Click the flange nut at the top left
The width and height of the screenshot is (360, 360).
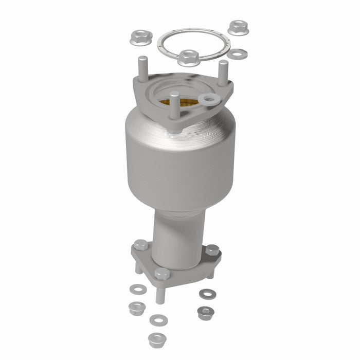click(x=140, y=37)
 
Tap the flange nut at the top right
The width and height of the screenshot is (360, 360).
click(x=238, y=28)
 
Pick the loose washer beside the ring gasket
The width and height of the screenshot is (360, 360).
click(x=237, y=53)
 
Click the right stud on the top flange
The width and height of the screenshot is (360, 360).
click(x=223, y=72)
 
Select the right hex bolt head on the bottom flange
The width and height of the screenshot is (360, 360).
click(x=212, y=250)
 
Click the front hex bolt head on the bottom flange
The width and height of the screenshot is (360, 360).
click(x=162, y=274)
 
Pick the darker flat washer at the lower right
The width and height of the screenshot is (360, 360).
click(x=207, y=294)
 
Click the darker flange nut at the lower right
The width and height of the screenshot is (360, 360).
click(x=205, y=312)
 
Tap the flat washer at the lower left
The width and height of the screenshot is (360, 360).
click(x=138, y=289)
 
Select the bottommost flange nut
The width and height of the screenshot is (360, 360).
click(x=156, y=339)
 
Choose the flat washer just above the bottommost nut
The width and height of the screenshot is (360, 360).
click(x=158, y=320)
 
